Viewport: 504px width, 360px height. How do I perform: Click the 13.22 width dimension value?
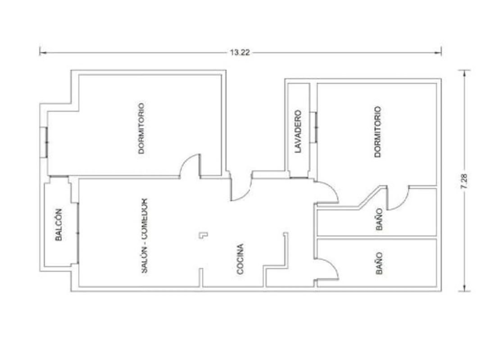click(x=240, y=52)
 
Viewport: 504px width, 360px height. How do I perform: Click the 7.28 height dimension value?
click(x=464, y=181)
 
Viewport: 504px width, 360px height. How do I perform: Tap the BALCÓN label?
click(x=59, y=225)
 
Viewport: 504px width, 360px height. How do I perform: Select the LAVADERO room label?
click(x=298, y=131)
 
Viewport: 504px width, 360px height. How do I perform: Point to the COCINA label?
click(x=240, y=259)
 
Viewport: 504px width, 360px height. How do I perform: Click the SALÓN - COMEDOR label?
click(x=145, y=236)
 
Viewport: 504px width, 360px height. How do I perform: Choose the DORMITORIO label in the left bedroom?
click(x=141, y=128)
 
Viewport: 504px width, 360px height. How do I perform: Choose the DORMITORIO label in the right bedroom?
click(x=378, y=132)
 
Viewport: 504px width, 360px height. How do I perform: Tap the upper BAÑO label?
click(x=379, y=219)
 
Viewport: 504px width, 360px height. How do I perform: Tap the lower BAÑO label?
click(x=379, y=263)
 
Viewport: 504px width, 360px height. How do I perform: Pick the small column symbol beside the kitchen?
click(x=203, y=235)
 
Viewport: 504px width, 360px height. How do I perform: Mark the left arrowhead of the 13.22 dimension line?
click(x=42, y=52)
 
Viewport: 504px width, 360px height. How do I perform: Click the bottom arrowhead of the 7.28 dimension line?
click(x=464, y=288)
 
